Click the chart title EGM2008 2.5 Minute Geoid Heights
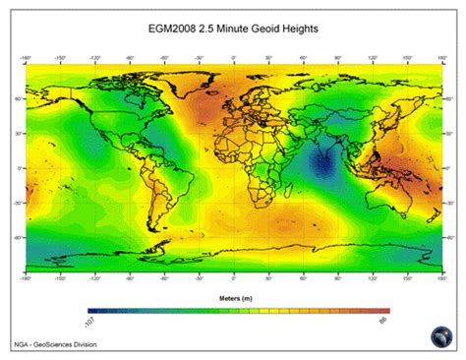pos(233,30)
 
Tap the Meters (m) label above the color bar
pos(233,295)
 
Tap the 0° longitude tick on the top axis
pos(233,58)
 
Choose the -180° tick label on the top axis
pos(28,58)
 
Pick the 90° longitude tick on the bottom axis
pos(336,278)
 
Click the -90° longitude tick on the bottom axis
pos(130,278)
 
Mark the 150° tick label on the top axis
pos(405,58)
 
